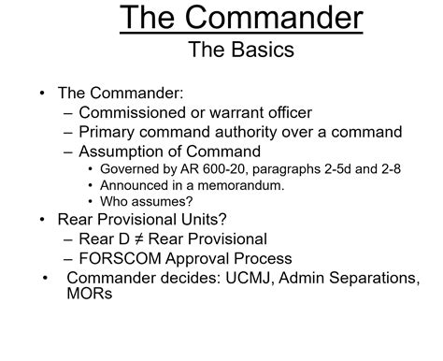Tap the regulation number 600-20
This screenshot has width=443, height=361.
236,169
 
